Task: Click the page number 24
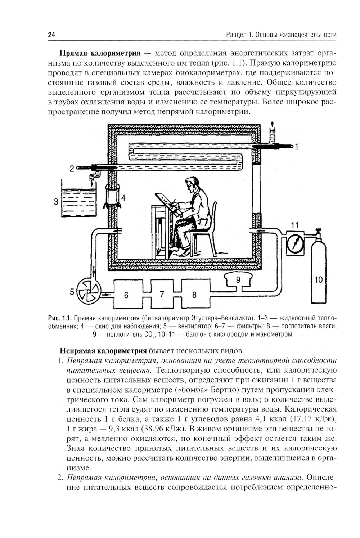(51, 35)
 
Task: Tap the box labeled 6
(126, 295)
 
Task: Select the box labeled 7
(162, 294)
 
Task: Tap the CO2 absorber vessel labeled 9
(238, 280)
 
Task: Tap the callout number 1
(297, 147)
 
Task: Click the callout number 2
(72, 168)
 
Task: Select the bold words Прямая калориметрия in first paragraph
(100, 54)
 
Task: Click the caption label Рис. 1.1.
(59, 318)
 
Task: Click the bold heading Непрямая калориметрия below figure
(103, 350)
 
